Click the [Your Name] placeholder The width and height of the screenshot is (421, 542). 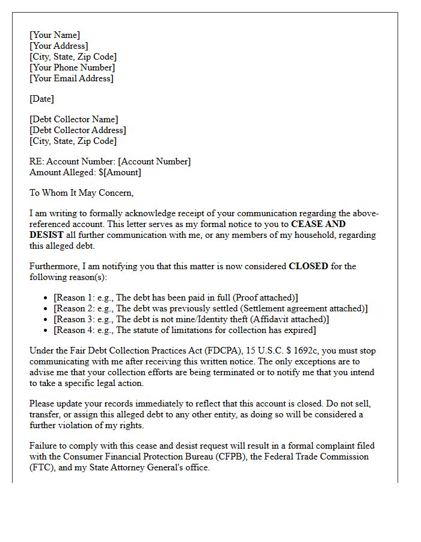coord(55,35)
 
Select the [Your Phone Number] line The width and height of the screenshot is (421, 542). coord(72,67)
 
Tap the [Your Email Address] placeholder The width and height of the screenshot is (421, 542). coord(72,78)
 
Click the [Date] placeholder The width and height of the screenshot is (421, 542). coord(41,99)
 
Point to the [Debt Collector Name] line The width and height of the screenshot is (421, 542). coord(74,119)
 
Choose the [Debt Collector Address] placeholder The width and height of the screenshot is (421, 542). coord(78,130)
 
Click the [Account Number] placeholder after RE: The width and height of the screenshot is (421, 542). coord(154,161)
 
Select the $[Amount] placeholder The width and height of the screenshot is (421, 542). coord(120,172)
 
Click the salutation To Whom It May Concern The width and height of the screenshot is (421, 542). coord(82,193)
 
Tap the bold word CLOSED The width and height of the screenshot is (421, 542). coord(309,266)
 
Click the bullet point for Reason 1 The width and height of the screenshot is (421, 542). coord(48,298)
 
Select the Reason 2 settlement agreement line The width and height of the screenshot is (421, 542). coord(210,308)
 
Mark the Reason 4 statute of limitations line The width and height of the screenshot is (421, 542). coord(185,330)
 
